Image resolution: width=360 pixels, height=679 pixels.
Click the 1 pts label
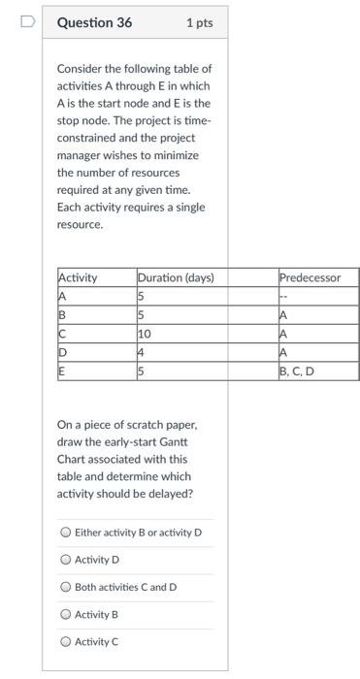199,22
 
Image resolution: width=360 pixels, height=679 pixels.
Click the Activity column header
79,277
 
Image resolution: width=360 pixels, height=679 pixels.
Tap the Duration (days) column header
176,277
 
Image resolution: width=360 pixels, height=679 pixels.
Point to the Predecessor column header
311,277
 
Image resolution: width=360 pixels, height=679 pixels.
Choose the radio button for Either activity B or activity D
65,533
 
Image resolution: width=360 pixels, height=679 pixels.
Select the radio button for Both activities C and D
65,587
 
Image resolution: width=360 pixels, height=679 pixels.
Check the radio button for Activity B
65,614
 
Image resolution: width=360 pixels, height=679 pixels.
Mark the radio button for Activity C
65,641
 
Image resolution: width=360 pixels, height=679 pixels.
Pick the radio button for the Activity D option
65,560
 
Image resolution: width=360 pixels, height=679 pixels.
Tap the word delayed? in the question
170,494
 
